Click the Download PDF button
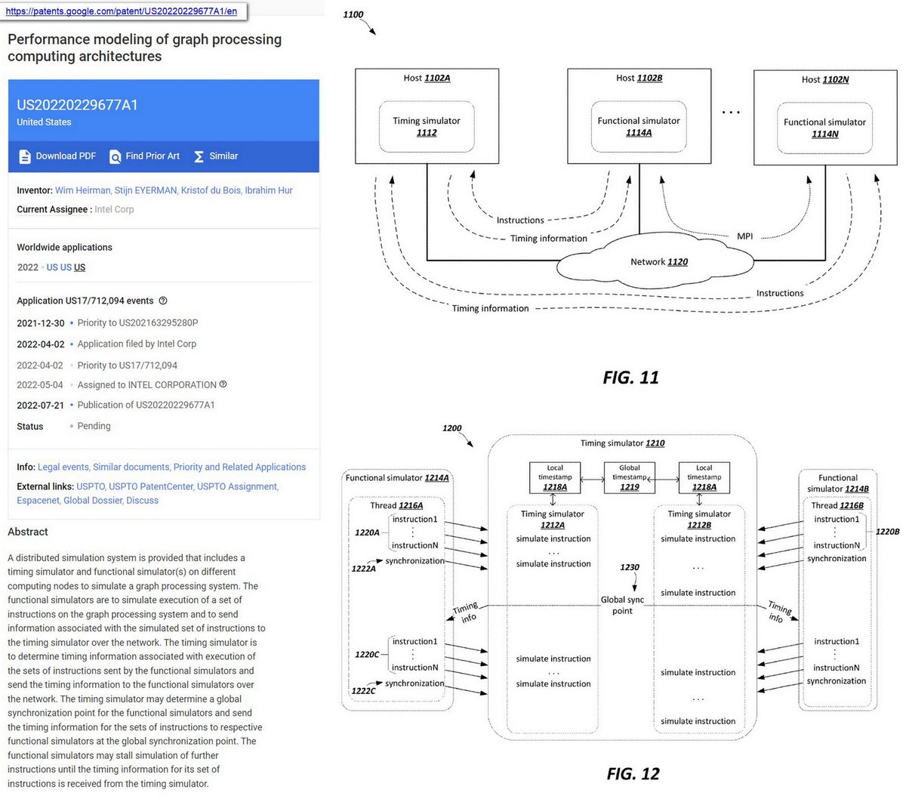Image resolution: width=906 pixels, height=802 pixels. (x=57, y=156)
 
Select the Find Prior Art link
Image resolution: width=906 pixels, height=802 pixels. (x=144, y=156)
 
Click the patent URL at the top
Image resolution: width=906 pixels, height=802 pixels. (x=121, y=11)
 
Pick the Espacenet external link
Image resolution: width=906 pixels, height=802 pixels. (x=38, y=501)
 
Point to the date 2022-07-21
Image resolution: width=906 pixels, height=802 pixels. (x=40, y=406)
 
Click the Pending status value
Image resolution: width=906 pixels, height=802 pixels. (x=94, y=427)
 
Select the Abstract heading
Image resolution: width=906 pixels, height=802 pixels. (x=28, y=532)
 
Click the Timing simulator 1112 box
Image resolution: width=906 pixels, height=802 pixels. (x=427, y=126)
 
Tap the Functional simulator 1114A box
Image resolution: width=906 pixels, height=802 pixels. (x=639, y=126)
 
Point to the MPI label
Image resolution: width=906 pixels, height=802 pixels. (x=744, y=236)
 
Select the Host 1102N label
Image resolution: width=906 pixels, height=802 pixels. (x=824, y=79)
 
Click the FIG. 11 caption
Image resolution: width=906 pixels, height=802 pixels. (x=630, y=378)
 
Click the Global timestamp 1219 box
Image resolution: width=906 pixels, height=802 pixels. (x=629, y=478)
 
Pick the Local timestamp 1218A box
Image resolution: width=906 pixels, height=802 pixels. (x=555, y=478)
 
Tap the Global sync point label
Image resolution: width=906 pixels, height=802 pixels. (x=622, y=605)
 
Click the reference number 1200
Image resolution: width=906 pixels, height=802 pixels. (x=451, y=428)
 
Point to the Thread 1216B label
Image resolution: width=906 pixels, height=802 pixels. (x=837, y=505)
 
